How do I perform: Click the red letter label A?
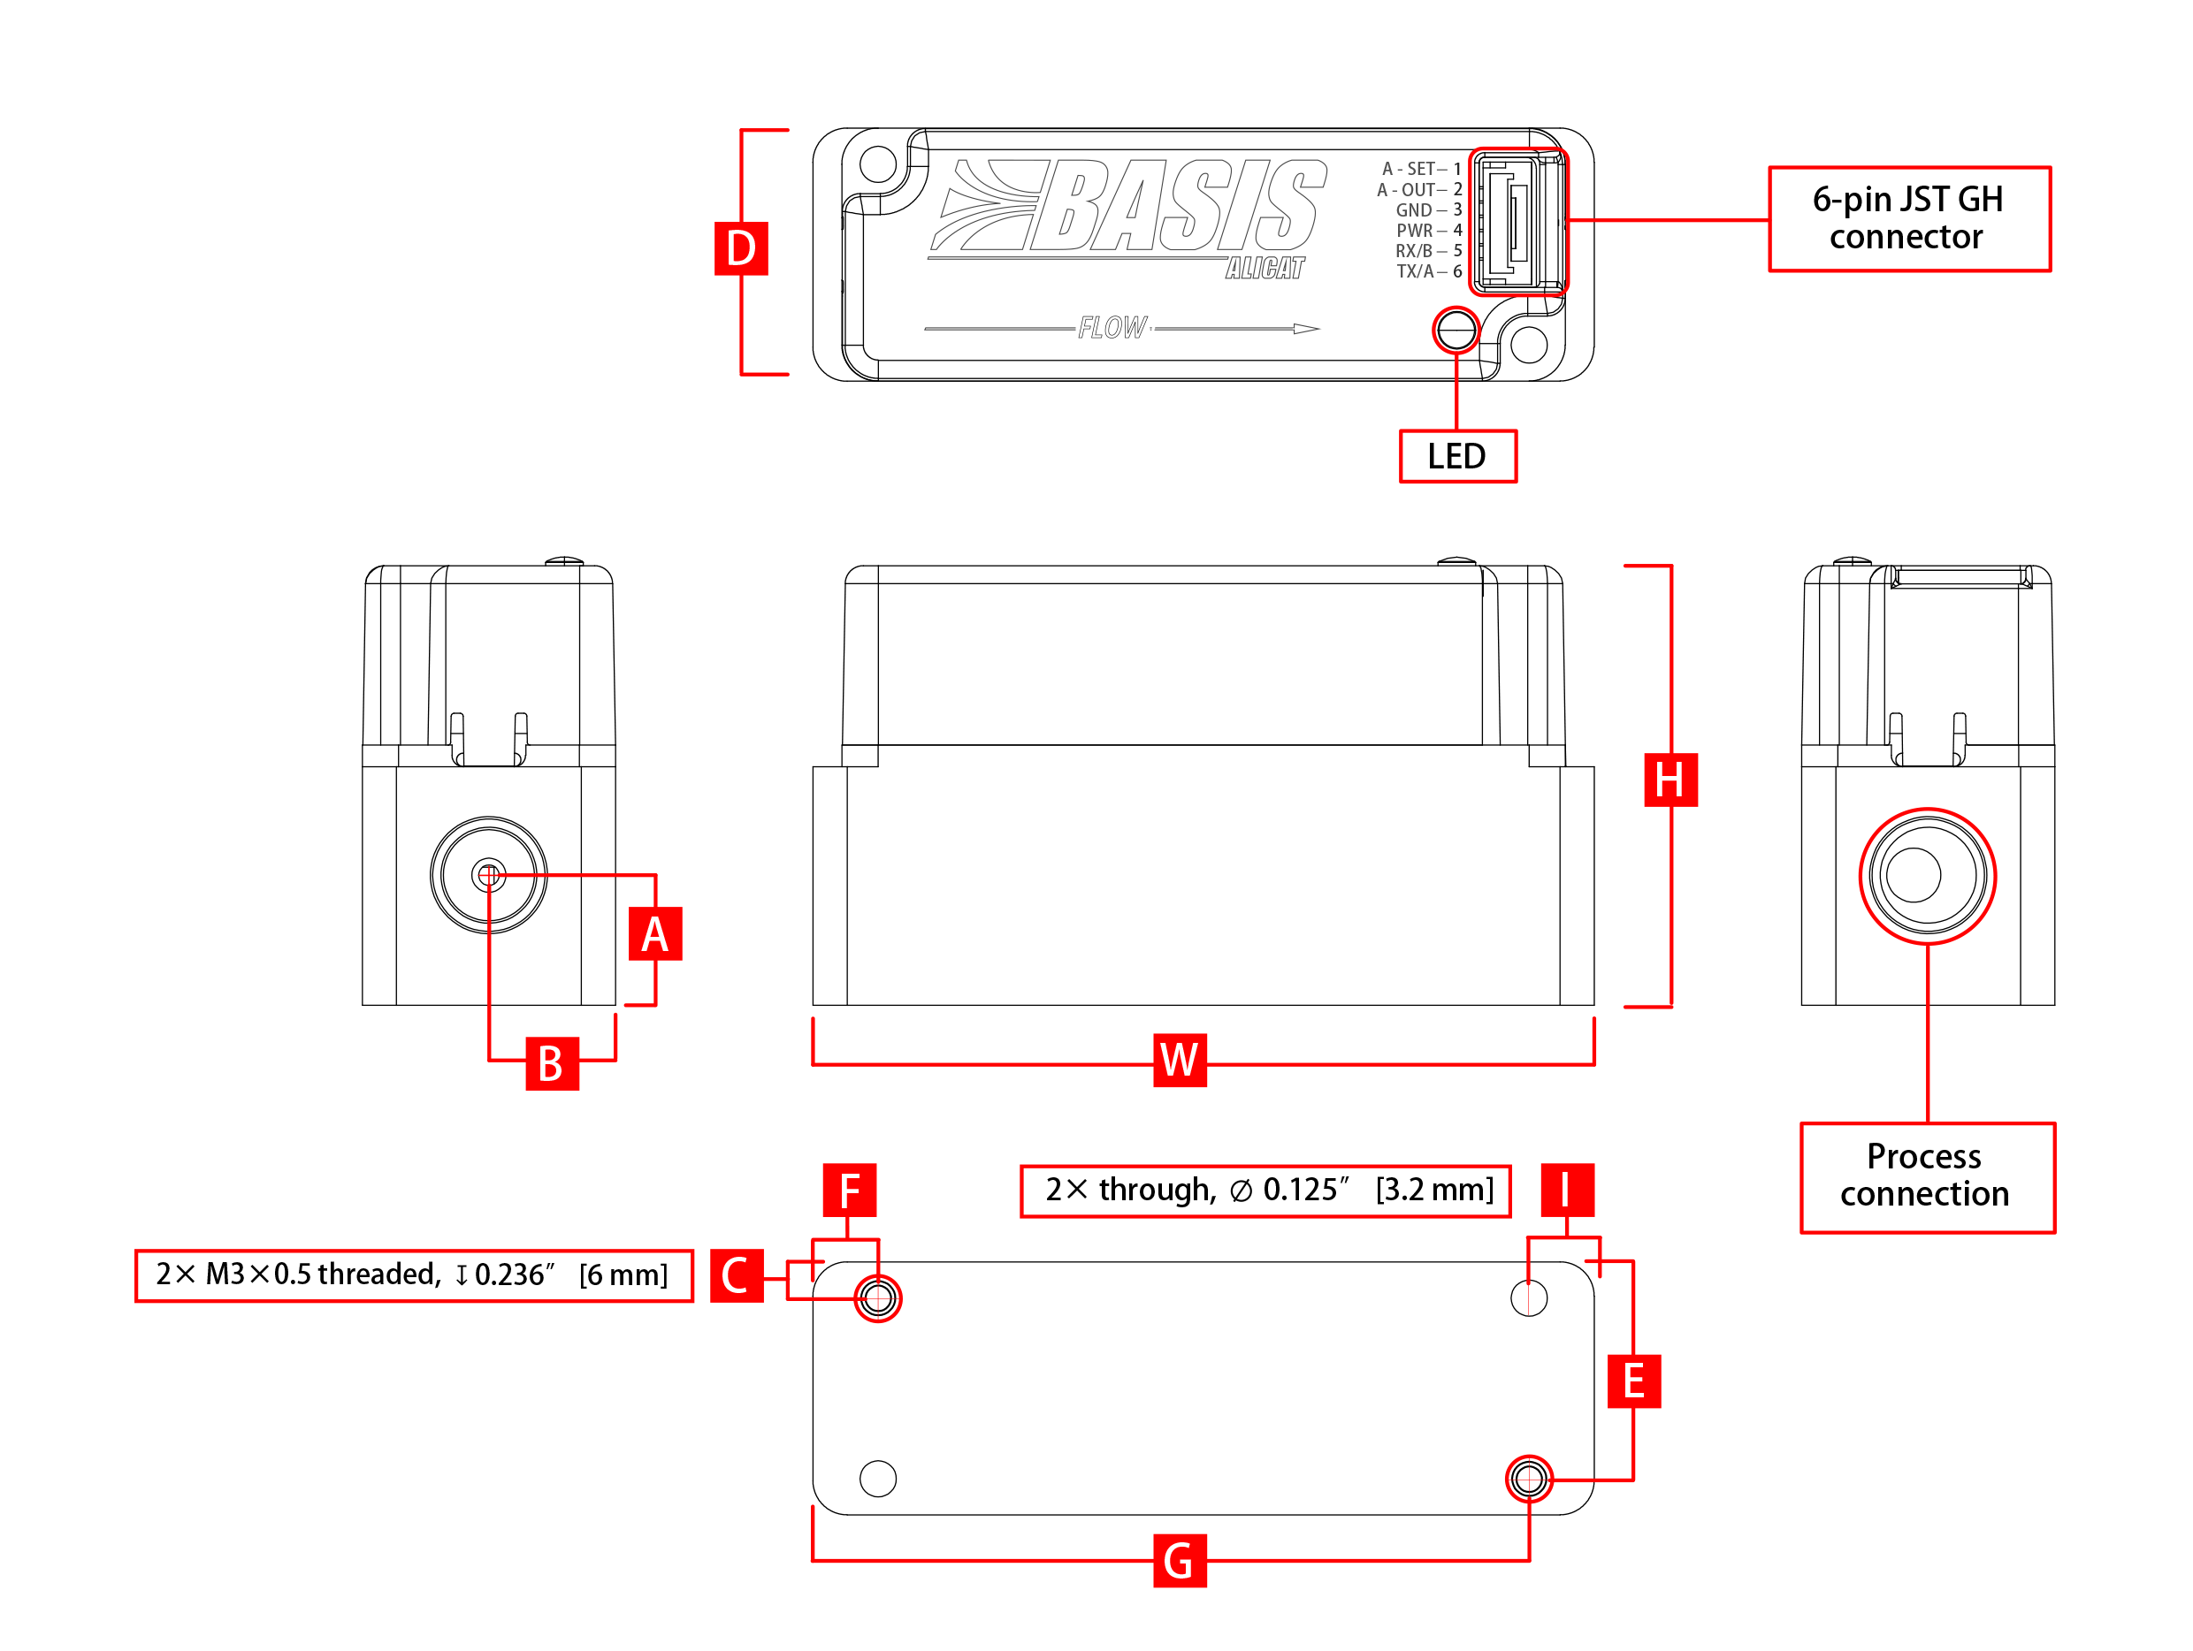(655, 934)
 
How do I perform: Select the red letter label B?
(552, 1063)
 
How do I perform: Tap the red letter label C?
(737, 1275)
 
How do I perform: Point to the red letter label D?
(742, 248)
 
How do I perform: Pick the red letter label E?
(1634, 1381)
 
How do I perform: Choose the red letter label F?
(850, 1191)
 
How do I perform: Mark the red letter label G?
(1180, 1561)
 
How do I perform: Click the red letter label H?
(1670, 780)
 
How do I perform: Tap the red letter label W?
(1180, 1061)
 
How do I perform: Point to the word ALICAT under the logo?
(1265, 269)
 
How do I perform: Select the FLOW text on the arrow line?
(1114, 327)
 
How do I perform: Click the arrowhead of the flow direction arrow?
(1307, 329)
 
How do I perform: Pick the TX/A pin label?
(1415, 271)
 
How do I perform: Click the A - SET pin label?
(1408, 170)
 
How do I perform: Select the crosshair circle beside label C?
(878, 1298)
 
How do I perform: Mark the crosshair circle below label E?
(1529, 1480)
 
